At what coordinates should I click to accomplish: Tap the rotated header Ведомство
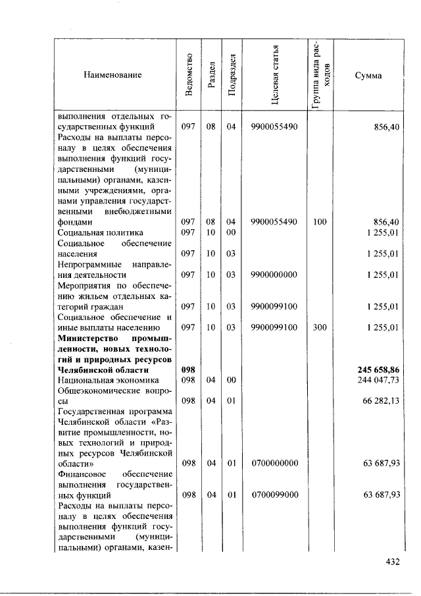189,76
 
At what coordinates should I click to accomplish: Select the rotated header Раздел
210,76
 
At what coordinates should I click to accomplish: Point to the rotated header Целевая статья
274,76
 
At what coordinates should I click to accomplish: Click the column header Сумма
368,76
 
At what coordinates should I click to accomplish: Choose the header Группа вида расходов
320,76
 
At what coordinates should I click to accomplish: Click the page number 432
393,562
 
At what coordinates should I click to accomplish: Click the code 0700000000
274,463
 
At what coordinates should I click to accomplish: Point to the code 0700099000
274,494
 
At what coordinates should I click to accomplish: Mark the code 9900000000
274,275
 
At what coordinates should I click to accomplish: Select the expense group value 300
320,327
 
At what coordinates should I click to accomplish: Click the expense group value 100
320,222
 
